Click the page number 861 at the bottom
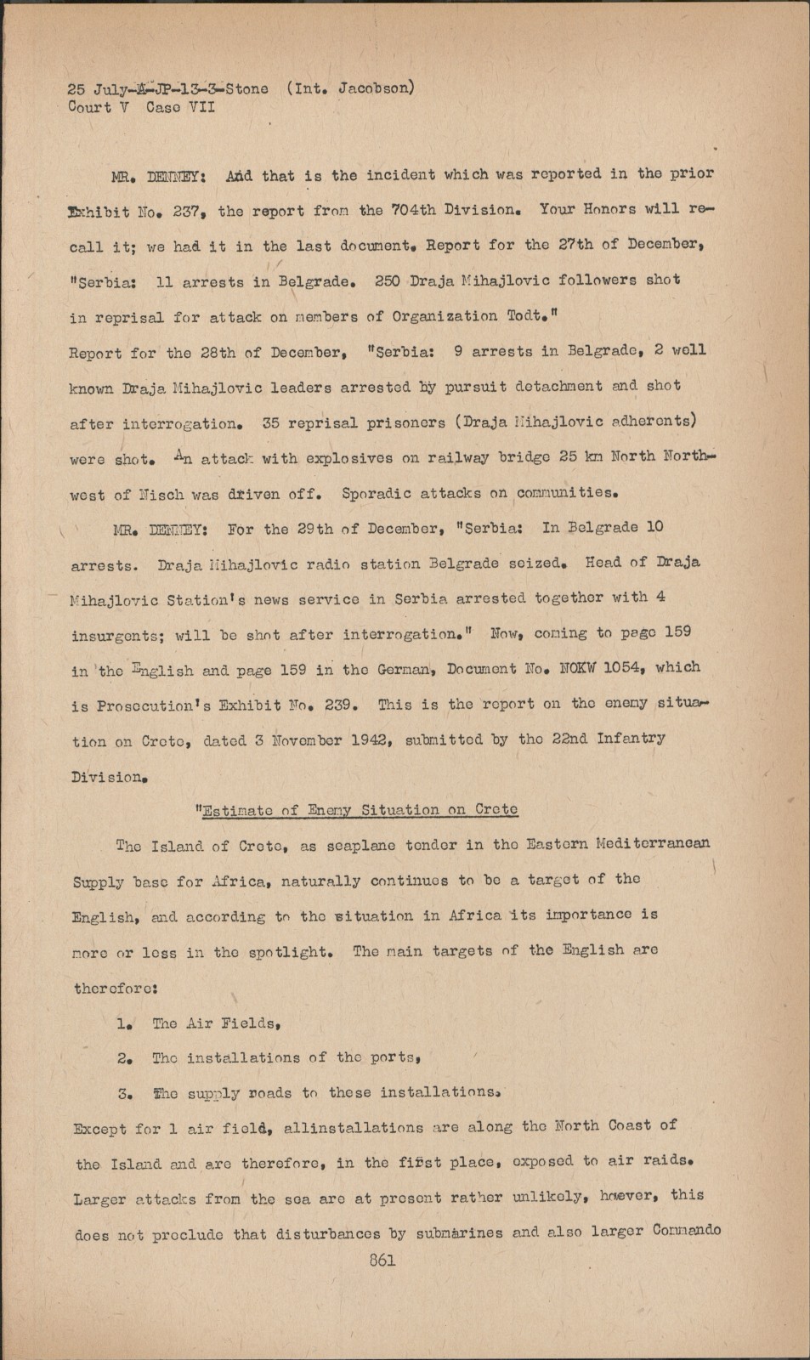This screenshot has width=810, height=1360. (382, 1260)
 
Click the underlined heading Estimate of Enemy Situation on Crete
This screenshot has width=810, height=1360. (359, 809)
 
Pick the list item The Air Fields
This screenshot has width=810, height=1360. (216, 1023)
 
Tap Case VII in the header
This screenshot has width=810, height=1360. (180, 107)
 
